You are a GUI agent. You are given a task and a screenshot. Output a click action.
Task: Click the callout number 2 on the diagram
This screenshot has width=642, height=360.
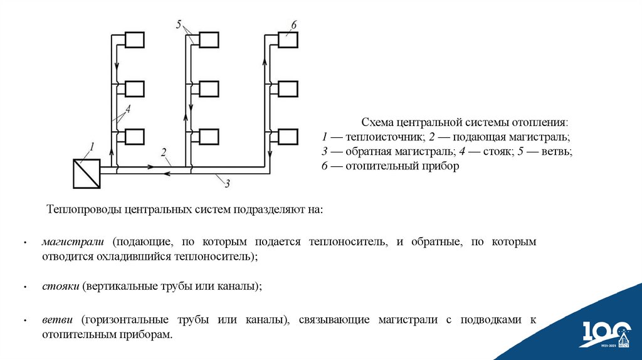click(x=164, y=152)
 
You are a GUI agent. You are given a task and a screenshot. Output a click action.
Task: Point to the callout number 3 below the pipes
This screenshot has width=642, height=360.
click(x=227, y=184)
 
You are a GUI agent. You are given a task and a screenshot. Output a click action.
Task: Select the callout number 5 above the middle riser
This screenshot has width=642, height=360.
click(x=179, y=24)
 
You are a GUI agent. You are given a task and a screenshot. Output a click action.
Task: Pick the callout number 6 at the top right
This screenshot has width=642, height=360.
click(x=293, y=24)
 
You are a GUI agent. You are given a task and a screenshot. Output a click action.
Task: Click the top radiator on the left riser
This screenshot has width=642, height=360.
click(x=135, y=40)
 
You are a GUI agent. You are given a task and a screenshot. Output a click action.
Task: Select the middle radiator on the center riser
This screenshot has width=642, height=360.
click(x=208, y=88)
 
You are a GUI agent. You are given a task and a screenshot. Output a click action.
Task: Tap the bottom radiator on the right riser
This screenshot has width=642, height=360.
click(x=288, y=137)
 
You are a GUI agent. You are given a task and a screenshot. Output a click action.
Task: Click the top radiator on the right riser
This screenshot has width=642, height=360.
click(x=288, y=40)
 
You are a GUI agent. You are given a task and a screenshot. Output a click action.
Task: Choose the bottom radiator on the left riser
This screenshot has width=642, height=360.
click(x=135, y=137)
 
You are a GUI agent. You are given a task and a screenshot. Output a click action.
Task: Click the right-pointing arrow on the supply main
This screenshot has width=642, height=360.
click(x=150, y=167)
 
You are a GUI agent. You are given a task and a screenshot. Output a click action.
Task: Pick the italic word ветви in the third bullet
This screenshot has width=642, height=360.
click(x=58, y=320)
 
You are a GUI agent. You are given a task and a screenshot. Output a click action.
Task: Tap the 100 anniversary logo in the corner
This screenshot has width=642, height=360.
click(x=605, y=333)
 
